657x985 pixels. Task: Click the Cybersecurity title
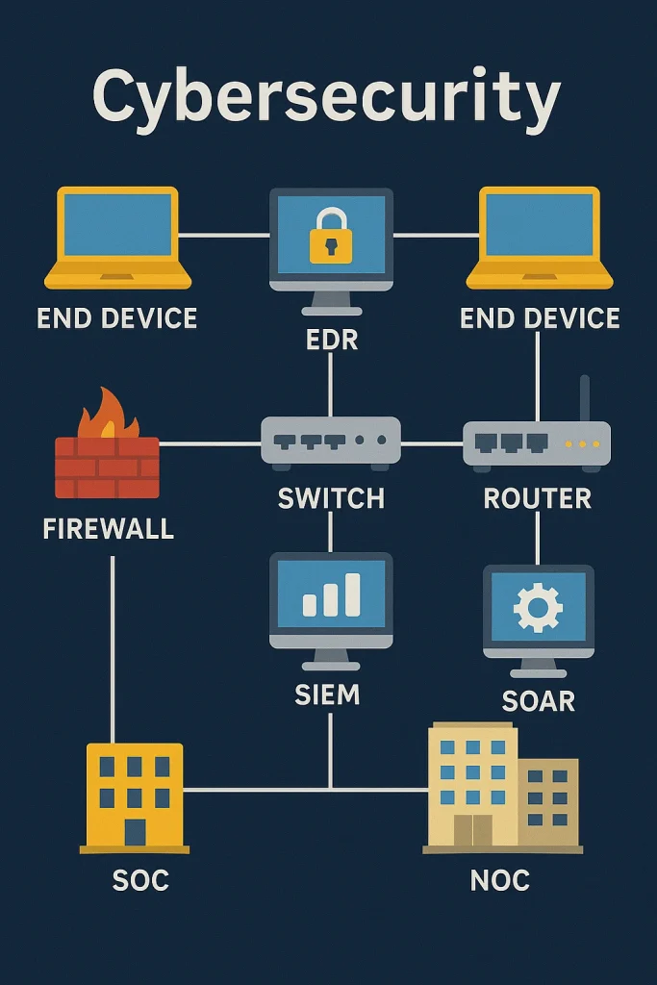point(326,97)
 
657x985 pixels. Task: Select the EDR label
point(330,339)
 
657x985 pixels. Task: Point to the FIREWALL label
point(109,528)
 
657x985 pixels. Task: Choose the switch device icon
point(331,442)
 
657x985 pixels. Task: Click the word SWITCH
point(331,498)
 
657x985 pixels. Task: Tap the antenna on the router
point(585,397)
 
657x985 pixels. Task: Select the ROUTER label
point(537,498)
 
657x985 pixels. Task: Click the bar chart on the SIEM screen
point(331,595)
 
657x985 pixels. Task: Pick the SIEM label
point(328,695)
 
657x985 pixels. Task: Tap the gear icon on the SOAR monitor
point(538,607)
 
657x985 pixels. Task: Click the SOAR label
point(538,700)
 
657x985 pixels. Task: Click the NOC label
point(500,880)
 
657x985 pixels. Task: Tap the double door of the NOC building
point(472,830)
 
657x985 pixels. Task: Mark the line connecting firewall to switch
point(210,443)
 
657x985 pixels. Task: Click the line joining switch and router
point(431,443)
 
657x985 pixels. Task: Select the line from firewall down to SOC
point(113,644)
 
